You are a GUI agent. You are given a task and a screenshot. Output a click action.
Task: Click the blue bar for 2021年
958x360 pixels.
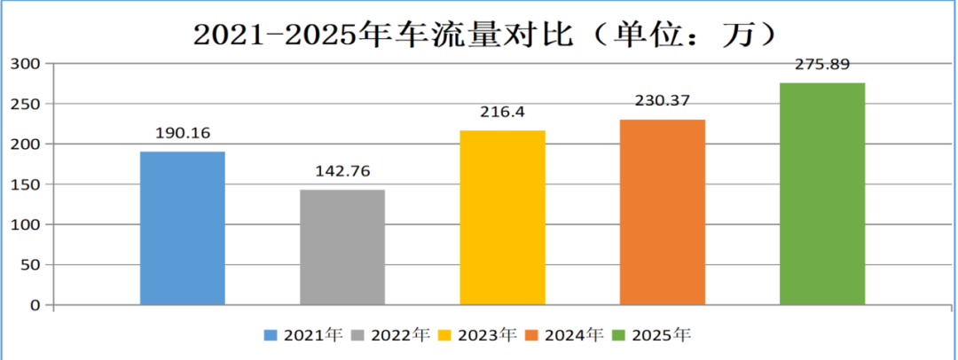coord(183,228)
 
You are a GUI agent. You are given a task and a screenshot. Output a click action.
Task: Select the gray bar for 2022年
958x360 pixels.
coord(342,247)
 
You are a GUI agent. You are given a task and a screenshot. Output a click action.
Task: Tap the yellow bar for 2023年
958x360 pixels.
coord(502,217)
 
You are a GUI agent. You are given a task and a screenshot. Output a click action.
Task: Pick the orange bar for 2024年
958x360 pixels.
coord(663,212)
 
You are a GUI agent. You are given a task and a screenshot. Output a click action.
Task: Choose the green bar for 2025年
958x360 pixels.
coord(822,194)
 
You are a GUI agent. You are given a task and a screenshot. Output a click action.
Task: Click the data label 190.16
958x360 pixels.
coord(183,133)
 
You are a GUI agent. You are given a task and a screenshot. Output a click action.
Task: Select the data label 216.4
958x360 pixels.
coord(502,113)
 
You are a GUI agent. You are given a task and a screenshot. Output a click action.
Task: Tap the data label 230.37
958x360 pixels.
coord(663,101)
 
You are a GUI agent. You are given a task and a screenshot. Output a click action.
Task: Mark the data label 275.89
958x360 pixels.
coord(822,64)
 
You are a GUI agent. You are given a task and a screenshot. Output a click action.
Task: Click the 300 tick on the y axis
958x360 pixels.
coord(26,64)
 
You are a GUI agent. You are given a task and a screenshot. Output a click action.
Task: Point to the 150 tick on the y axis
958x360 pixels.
coord(26,184)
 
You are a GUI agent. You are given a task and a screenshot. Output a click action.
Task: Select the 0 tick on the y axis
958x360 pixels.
coord(35,305)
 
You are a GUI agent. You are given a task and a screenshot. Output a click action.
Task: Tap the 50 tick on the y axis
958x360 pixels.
coord(30,264)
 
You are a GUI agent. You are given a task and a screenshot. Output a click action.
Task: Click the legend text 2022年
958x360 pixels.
coord(400,335)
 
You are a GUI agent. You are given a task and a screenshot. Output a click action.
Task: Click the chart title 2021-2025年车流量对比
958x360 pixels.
coord(383,35)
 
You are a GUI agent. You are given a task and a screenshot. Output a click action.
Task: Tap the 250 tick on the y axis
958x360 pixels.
coord(26,104)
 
